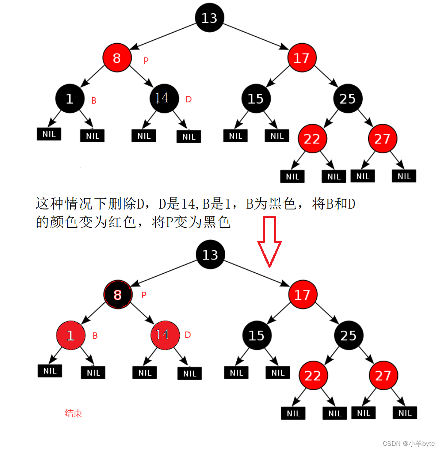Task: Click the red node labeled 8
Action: coord(117,58)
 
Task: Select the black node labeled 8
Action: coord(117,295)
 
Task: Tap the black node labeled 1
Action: coord(69,99)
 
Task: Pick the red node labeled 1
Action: coord(70,335)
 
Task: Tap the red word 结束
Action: coord(73,413)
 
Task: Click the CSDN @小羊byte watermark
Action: coord(408,444)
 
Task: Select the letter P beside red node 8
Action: coord(146,61)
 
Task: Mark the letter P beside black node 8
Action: coord(144,295)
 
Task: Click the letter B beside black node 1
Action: coord(94,101)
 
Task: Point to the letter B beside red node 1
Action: coord(95,336)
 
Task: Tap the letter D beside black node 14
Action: coord(188,99)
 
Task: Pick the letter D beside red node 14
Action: coord(188,335)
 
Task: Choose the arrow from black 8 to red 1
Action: coord(93,314)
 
